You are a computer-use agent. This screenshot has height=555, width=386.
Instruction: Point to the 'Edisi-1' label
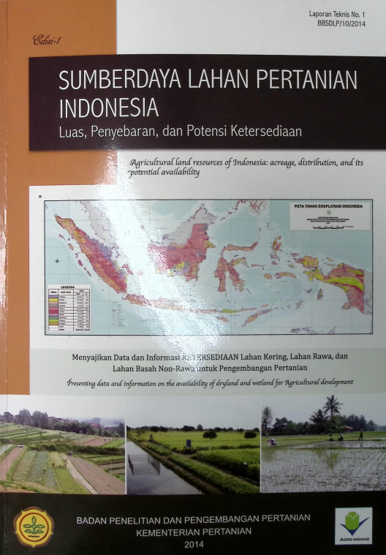pos(47,42)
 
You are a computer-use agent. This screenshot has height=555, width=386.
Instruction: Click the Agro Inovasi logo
pos(353,526)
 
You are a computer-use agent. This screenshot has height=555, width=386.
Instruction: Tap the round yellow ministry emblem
pos(34,526)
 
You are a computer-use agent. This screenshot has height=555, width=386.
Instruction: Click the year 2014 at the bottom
pos(194,544)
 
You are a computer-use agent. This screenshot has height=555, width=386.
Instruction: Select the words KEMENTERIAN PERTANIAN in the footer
pos(194,531)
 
